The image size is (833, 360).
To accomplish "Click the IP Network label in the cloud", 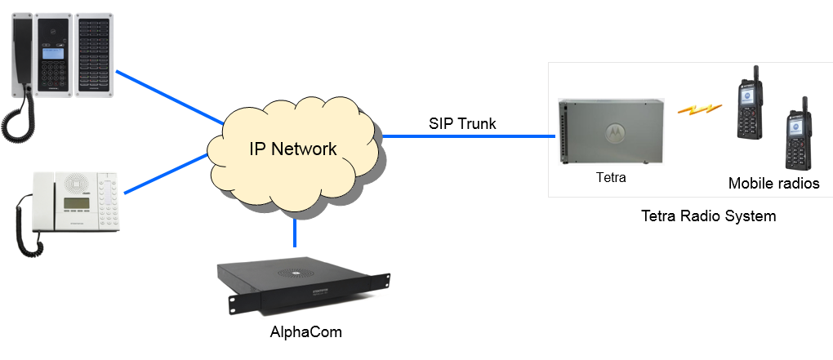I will (x=292, y=149).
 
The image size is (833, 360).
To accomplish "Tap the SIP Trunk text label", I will (x=462, y=124).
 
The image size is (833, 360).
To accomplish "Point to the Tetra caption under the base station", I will (x=610, y=177).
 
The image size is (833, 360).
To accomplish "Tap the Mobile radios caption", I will (x=773, y=184).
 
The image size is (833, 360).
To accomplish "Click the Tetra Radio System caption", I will (x=708, y=216).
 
